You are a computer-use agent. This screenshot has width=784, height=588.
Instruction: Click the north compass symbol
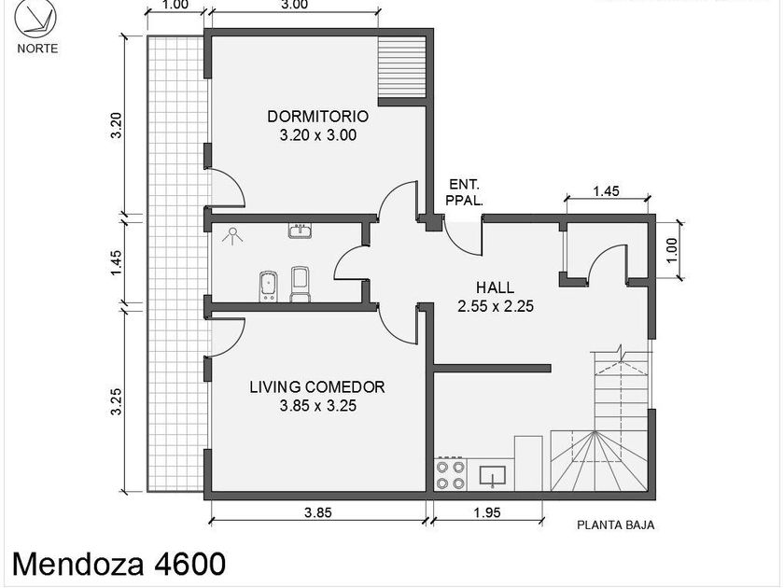tap(35, 19)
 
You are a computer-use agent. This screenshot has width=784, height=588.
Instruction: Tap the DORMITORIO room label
tap(318, 116)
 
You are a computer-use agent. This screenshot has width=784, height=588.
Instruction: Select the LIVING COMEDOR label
tap(317, 387)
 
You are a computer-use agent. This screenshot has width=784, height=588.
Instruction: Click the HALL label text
tap(495, 287)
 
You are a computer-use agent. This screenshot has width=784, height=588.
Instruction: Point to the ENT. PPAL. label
tap(465, 192)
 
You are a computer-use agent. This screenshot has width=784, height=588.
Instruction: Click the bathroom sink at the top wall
tap(301, 231)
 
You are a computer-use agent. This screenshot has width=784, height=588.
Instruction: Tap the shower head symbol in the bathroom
tap(232, 235)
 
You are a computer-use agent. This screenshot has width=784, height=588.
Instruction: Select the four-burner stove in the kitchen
tap(451, 473)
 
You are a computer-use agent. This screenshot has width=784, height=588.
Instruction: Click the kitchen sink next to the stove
tap(493, 475)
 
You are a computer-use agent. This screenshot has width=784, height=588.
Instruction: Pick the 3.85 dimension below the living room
tap(318, 512)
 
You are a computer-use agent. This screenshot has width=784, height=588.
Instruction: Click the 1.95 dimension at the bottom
tap(487, 512)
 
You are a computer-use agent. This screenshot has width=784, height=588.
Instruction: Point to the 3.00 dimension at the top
tap(294, 5)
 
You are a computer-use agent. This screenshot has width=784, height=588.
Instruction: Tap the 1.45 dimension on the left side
tap(116, 262)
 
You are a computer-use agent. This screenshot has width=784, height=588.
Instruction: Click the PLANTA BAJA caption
tap(616, 525)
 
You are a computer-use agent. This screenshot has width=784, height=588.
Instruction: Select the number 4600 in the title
tap(189, 564)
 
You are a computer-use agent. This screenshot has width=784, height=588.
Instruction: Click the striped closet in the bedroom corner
tap(401, 67)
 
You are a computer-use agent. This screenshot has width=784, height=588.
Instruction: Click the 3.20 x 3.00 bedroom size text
tap(318, 135)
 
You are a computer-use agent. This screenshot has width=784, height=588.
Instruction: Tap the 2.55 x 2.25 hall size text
tap(496, 305)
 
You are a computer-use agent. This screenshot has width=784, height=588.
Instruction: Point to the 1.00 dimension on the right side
tap(671, 249)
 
